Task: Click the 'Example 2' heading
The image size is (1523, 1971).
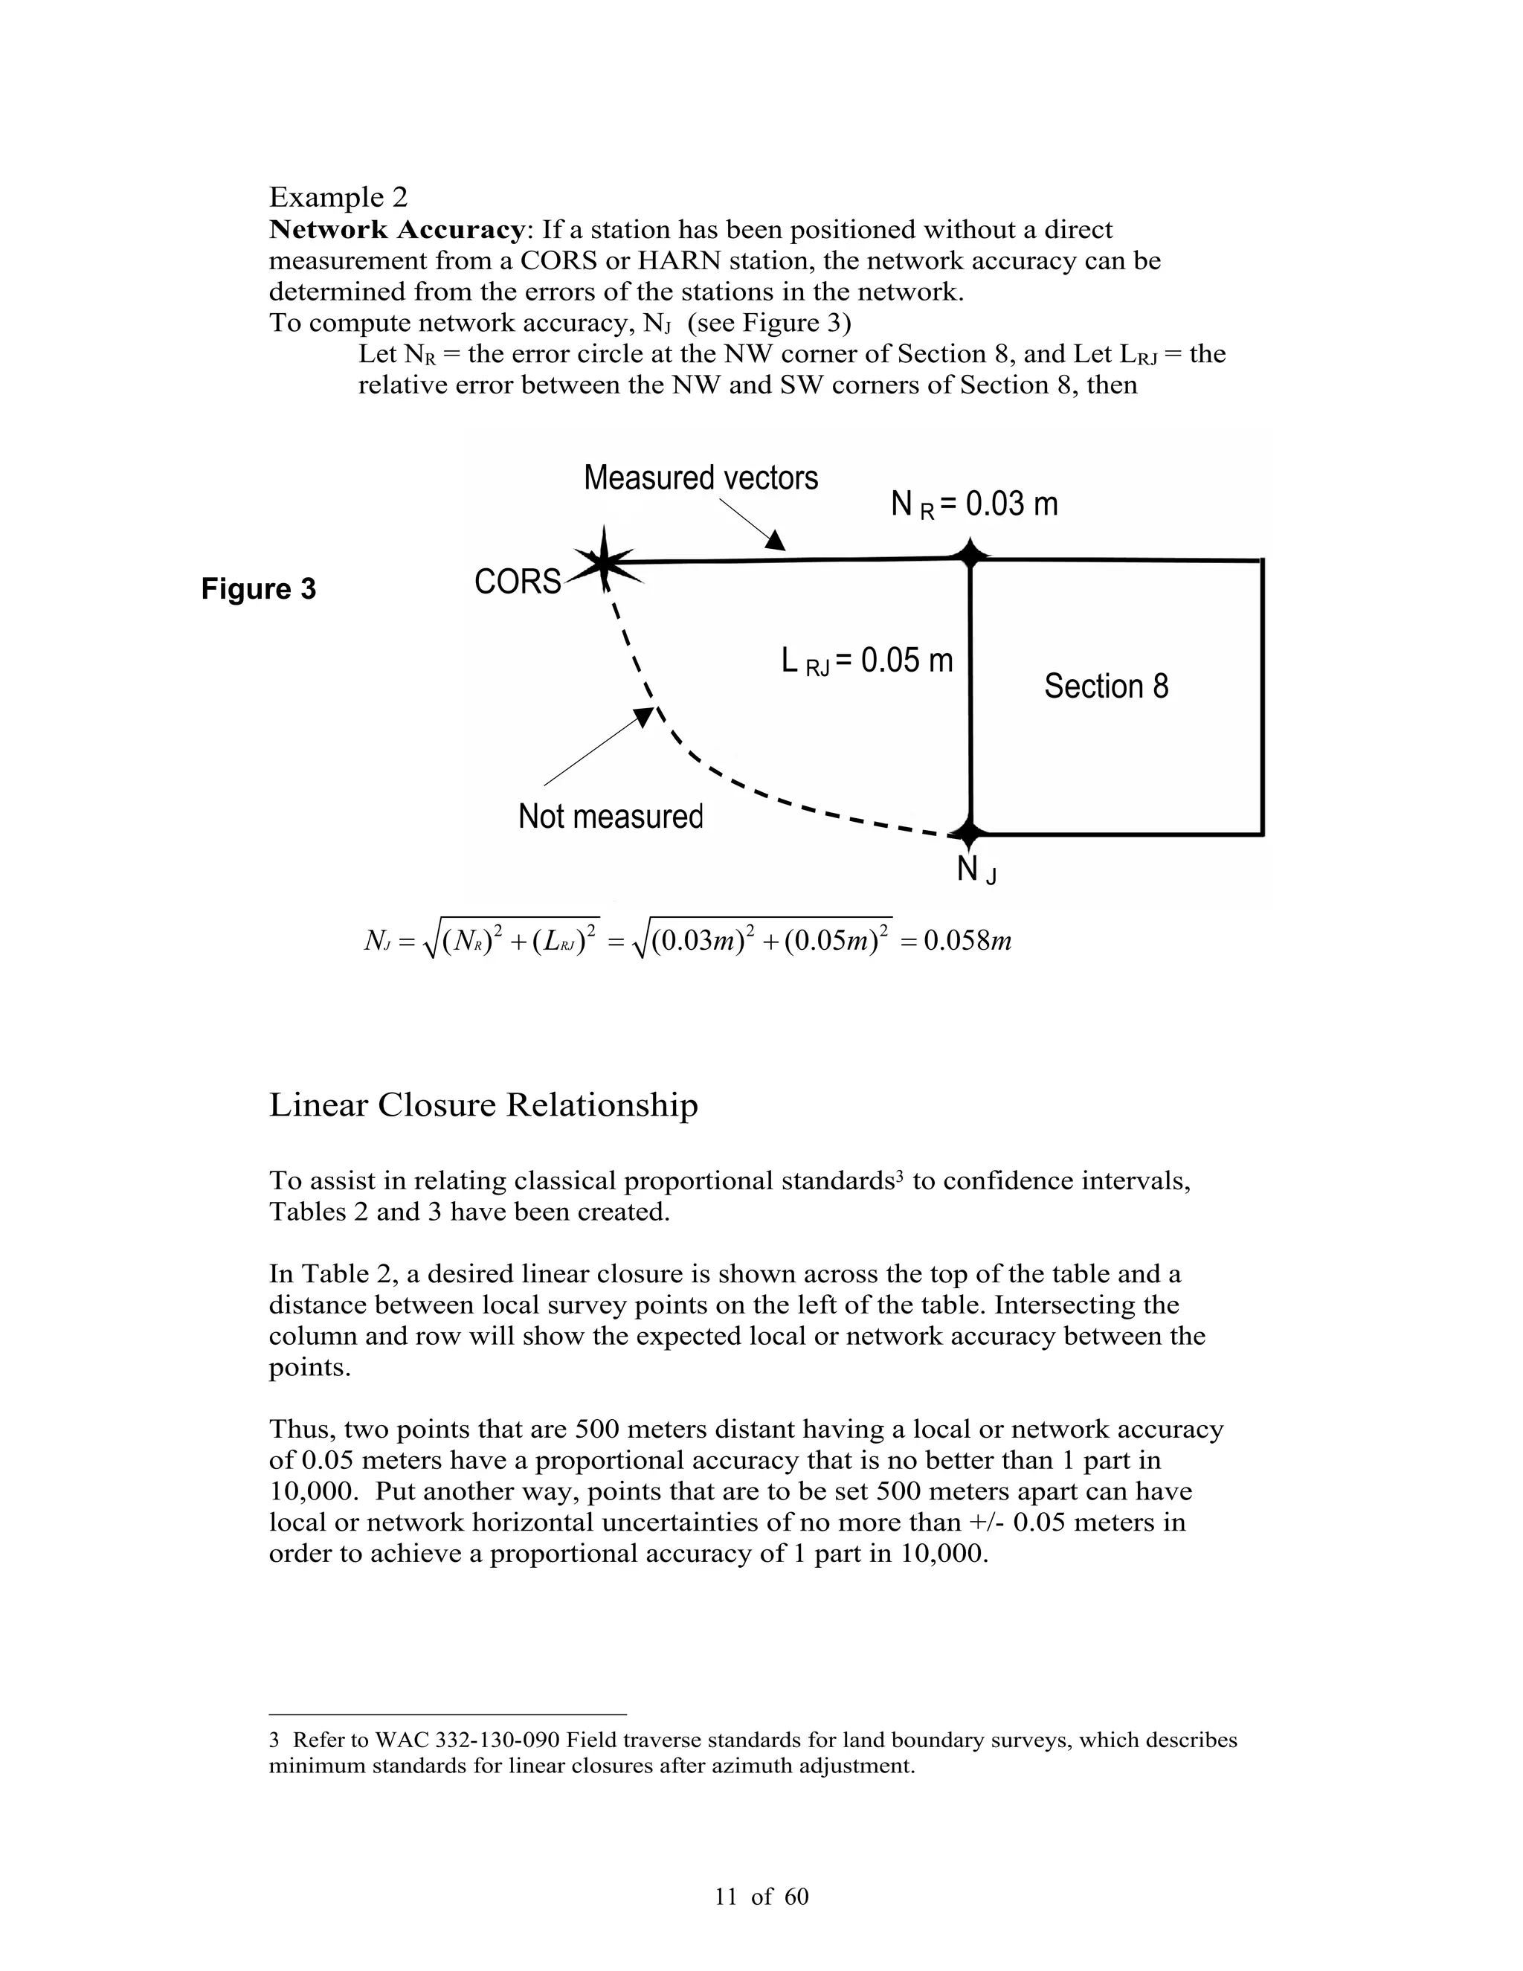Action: tap(338, 197)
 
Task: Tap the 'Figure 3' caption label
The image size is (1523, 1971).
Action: tap(258, 589)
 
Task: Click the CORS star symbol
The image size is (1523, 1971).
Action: tap(604, 562)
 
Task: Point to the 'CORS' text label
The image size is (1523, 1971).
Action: tap(517, 582)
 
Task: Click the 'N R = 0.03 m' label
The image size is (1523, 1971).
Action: tap(973, 504)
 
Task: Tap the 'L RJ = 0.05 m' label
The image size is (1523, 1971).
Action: tap(866, 660)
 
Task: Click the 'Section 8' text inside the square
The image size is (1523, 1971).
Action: tap(1105, 686)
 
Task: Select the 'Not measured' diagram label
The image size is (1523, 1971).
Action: tap(610, 816)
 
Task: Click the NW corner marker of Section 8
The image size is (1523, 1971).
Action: tap(970, 554)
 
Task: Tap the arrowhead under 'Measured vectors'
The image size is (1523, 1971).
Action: tap(775, 541)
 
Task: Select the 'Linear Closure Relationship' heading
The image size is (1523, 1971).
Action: tap(483, 1105)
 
